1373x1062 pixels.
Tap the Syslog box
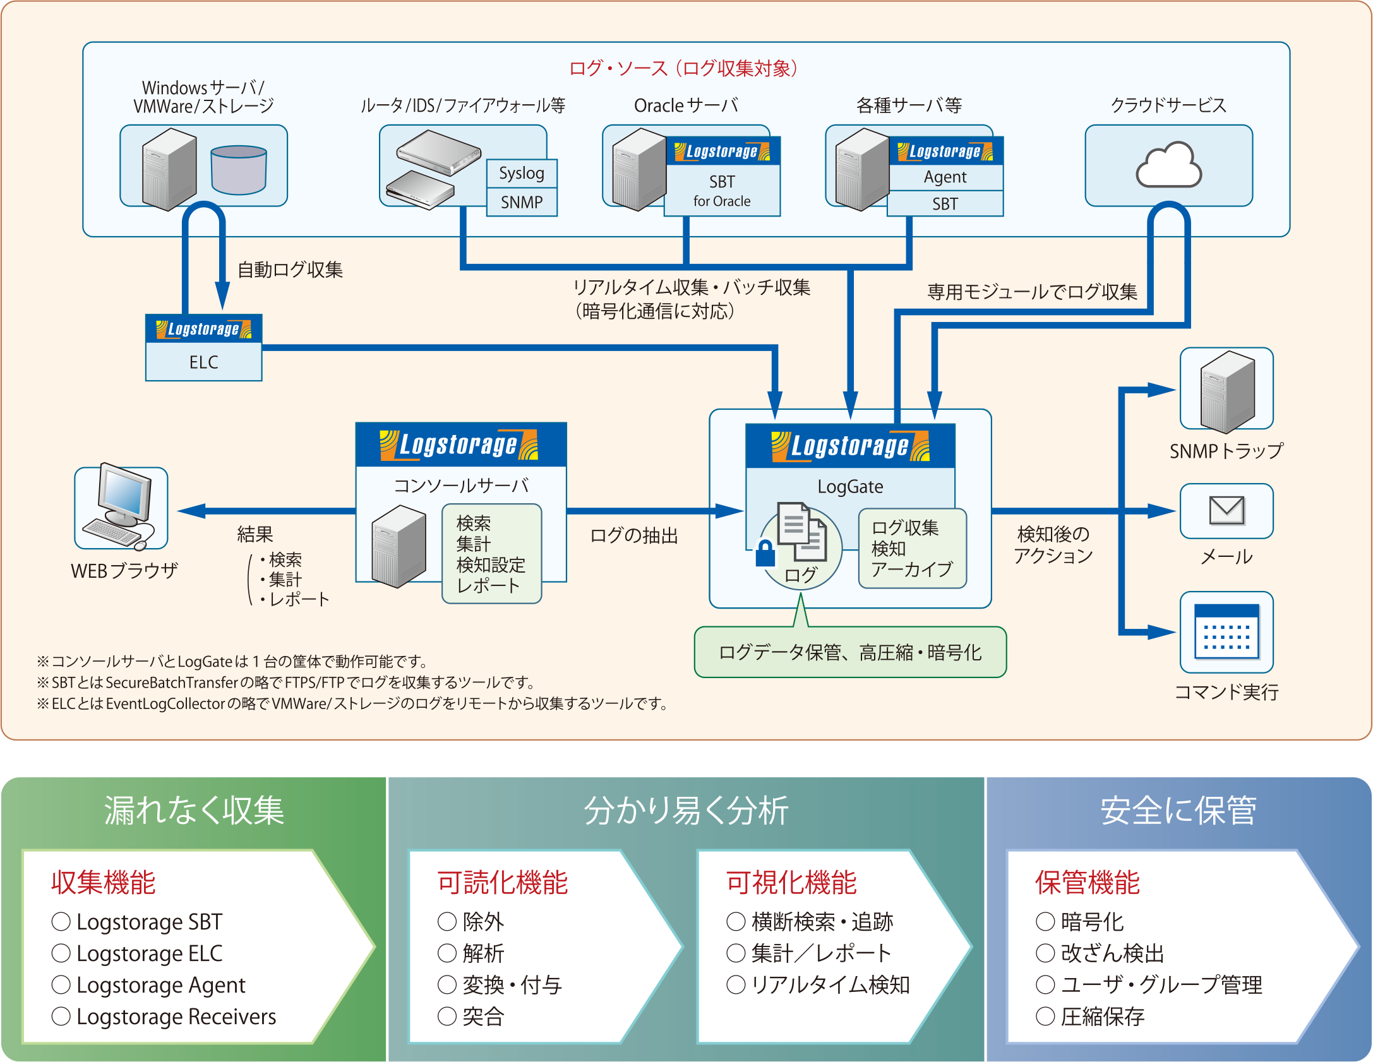click(x=522, y=173)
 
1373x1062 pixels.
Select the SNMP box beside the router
click(x=522, y=202)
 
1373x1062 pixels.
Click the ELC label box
click(x=203, y=362)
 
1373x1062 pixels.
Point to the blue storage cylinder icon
click(x=239, y=169)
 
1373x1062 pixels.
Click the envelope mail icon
click(x=1226, y=510)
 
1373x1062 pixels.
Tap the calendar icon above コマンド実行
click(x=1226, y=631)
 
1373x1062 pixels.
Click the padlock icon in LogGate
click(x=765, y=553)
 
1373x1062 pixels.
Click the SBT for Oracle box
click(x=722, y=191)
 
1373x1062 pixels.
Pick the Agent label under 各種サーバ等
click(x=945, y=177)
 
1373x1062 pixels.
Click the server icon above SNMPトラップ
click(x=1226, y=391)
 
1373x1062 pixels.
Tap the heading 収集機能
click(x=104, y=882)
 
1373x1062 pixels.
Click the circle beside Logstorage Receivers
click(x=61, y=1016)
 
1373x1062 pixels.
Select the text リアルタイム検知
click(x=830, y=984)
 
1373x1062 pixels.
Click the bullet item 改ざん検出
click(x=1112, y=953)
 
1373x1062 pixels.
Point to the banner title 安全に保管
click(x=1178, y=811)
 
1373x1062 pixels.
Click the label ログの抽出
click(x=633, y=535)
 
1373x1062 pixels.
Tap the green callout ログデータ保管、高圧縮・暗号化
click(x=850, y=652)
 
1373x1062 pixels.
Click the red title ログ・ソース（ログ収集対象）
click(x=683, y=68)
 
